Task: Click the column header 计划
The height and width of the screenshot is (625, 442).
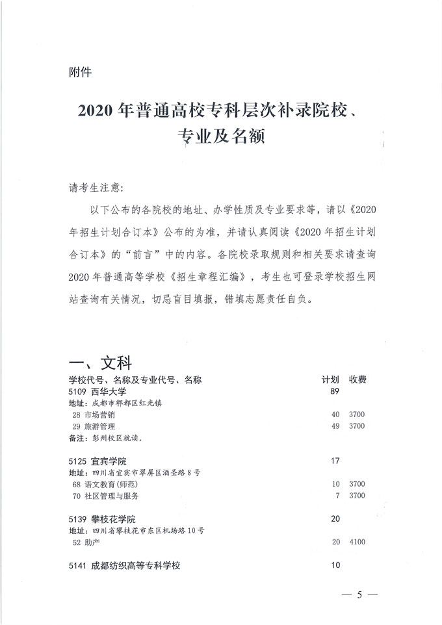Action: click(330, 379)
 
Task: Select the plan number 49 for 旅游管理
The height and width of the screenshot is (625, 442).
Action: click(335, 426)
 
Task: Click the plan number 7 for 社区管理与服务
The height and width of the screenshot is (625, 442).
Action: click(338, 496)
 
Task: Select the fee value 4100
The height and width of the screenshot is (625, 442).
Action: click(357, 542)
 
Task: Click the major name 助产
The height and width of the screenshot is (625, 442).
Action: click(91, 542)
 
